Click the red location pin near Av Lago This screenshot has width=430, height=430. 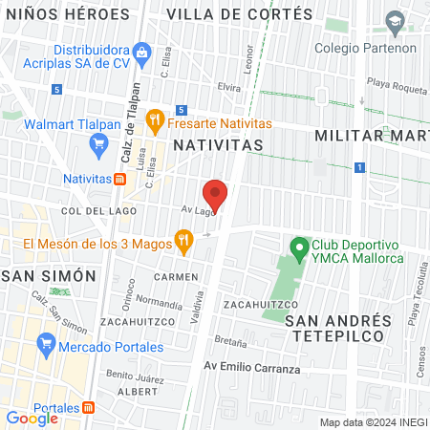point(216,194)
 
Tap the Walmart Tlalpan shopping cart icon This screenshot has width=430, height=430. point(98,144)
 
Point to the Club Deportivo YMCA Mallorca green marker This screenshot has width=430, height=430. point(299,250)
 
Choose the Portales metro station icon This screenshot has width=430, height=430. point(89,407)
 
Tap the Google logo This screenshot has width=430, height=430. point(32,418)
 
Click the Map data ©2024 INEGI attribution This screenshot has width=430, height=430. point(372,422)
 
